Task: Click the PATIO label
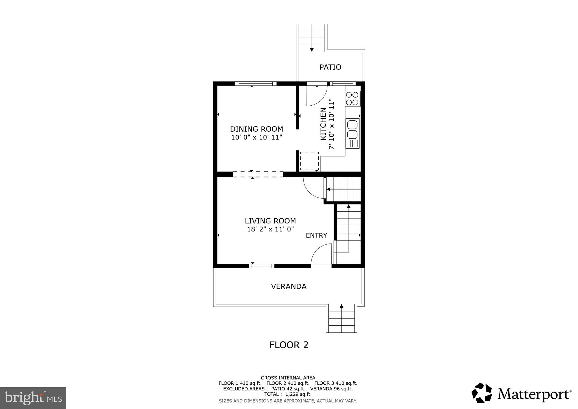(330, 67)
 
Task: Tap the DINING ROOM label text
(256, 129)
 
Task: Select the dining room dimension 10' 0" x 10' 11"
(256, 138)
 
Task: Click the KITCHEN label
(323, 124)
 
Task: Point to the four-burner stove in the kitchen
(352, 99)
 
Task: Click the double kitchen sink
(352, 129)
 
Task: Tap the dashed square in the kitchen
(309, 161)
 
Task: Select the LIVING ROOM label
(270, 221)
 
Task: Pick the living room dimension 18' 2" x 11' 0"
(270, 229)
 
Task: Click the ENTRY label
(316, 235)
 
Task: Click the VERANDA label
(288, 286)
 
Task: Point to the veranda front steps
(341, 318)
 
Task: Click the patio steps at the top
(312, 38)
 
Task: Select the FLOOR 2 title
(289, 345)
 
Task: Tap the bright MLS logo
(33, 398)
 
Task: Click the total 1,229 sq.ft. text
(288, 394)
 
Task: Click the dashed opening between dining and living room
(258, 174)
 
